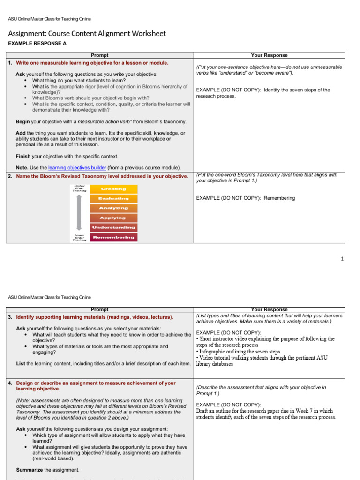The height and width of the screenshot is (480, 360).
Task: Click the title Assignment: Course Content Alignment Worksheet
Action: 87,34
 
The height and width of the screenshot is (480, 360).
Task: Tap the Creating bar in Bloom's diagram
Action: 113,189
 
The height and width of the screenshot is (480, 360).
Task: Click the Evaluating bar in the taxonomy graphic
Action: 113,199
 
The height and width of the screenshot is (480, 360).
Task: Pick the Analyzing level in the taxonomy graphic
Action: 113,208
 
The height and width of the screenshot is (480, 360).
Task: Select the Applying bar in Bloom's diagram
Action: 113,218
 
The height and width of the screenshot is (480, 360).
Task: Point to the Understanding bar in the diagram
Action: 113,227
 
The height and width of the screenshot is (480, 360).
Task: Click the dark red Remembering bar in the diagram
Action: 113,237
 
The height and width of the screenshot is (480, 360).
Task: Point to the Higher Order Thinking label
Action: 79,188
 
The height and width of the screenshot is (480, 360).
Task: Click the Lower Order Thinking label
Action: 79,238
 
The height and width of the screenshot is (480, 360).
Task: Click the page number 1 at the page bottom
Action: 342,259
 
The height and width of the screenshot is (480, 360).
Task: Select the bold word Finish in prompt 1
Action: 23,156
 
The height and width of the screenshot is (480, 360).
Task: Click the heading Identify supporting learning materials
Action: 94,317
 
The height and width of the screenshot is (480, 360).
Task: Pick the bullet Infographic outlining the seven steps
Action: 240,352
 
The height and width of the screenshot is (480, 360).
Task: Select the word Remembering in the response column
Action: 279,198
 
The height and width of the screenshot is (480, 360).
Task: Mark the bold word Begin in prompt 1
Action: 22,121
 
